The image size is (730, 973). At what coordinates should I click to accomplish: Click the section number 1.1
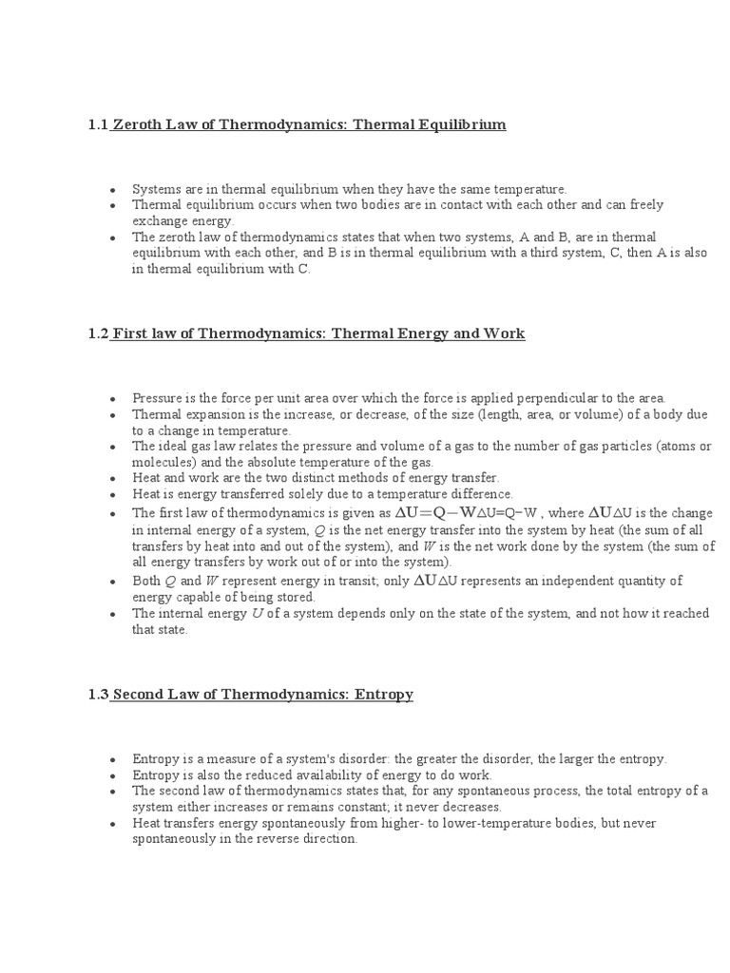click(98, 124)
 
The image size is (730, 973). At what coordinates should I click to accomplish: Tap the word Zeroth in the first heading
click(138, 124)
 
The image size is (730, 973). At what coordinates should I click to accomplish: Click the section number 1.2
click(98, 334)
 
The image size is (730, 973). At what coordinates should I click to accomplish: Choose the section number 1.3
click(98, 695)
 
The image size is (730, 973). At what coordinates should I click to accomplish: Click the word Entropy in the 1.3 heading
click(382, 695)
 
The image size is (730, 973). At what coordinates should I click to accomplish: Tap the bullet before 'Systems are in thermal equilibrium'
click(113, 190)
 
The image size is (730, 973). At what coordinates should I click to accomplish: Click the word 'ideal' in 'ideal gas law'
click(172, 446)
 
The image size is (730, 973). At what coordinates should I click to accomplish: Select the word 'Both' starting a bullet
click(146, 581)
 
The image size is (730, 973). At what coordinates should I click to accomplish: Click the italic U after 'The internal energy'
click(257, 614)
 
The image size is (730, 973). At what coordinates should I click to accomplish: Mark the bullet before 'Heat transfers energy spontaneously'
click(113, 823)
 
